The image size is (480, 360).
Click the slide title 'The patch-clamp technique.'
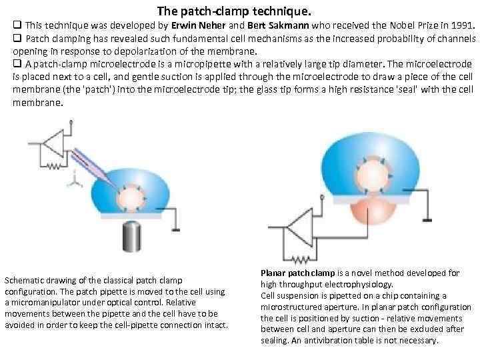click(234, 12)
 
